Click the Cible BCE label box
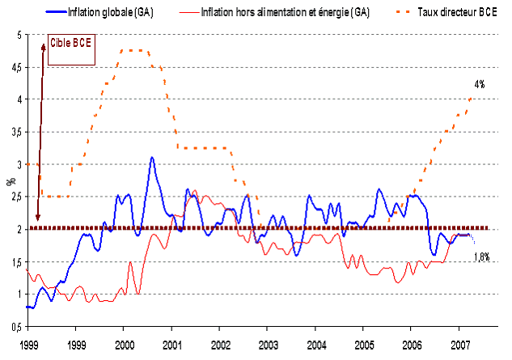click(x=70, y=45)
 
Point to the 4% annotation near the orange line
click(x=480, y=84)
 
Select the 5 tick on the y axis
click(x=20, y=36)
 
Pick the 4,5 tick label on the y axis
click(x=16, y=68)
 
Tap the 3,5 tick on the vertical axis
click(x=16, y=133)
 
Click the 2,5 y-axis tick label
click(x=16, y=197)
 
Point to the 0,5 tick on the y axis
click(x=16, y=326)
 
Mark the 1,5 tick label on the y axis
click(x=16, y=262)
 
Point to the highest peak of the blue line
click(x=152, y=158)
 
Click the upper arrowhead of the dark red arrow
click(x=42, y=49)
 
